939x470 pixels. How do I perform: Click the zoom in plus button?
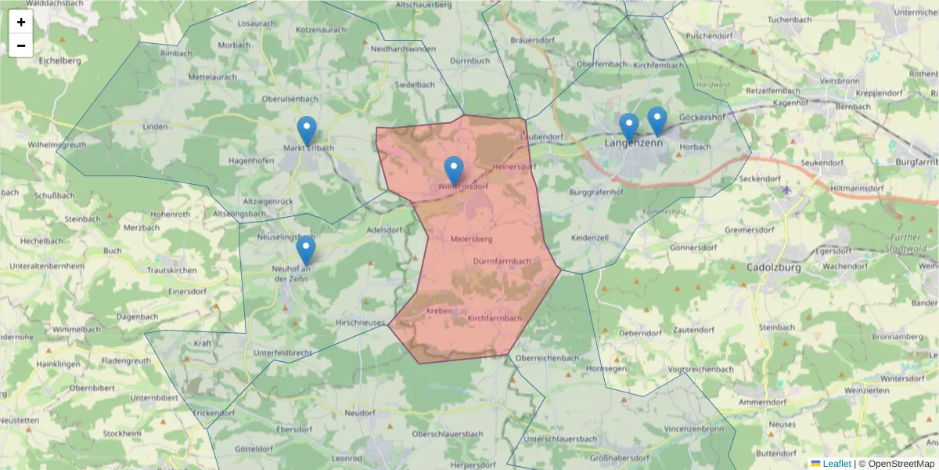[x=21, y=22]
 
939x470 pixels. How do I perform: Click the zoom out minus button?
[x=21, y=45]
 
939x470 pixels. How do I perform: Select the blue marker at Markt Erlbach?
[x=308, y=130]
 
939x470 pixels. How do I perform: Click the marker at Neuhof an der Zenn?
[x=306, y=250]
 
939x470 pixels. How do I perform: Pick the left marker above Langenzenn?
[x=629, y=127]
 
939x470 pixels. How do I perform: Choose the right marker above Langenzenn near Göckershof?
[x=657, y=121]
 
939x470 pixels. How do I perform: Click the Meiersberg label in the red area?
[x=471, y=237]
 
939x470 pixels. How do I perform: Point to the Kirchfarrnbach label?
[x=495, y=319]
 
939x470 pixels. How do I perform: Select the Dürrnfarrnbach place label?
[x=502, y=261]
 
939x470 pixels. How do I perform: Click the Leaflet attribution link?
[x=836, y=464]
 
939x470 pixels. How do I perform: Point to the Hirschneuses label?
[x=360, y=323]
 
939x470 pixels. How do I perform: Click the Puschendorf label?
[x=711, y=36]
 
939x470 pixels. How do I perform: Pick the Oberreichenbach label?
[x=547, y=358]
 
